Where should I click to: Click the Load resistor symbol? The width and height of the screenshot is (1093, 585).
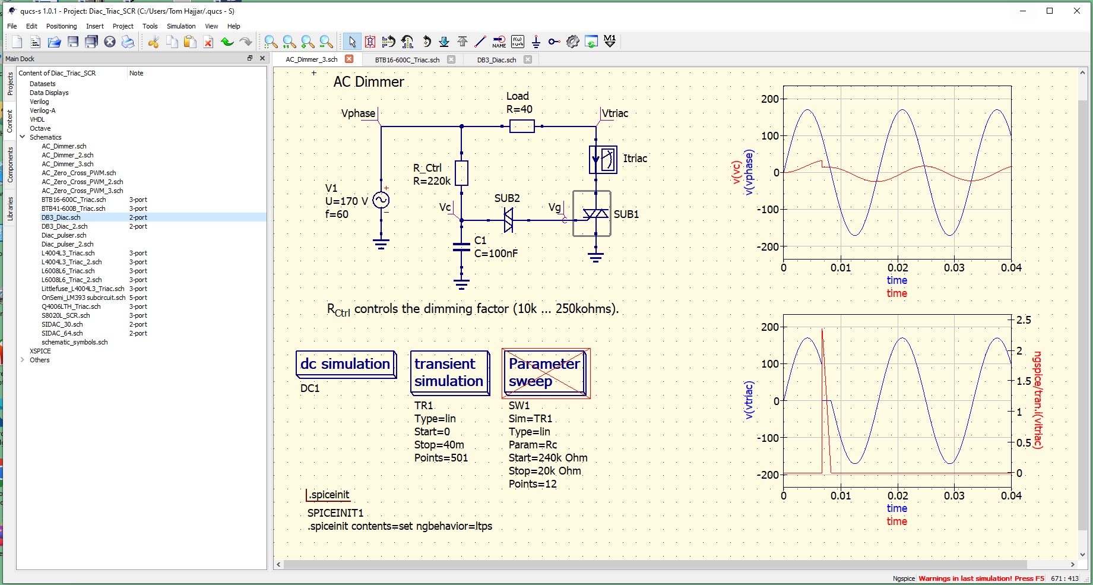522,126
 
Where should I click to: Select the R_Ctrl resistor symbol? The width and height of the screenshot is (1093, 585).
461,173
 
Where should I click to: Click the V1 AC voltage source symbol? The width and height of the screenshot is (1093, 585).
381,201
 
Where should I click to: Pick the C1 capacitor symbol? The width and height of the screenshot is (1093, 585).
461,247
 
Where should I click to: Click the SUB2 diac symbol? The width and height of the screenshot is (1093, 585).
508,220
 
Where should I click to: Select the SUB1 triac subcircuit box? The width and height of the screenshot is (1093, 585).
592,214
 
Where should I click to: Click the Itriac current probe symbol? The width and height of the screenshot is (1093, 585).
603,159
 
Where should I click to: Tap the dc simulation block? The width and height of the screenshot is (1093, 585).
346,364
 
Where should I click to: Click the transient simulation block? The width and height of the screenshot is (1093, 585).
449,372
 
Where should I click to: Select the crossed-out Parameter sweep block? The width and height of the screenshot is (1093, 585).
545,373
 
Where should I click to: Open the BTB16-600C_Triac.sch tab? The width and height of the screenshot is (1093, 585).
407,60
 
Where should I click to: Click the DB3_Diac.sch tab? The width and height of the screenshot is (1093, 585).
496,60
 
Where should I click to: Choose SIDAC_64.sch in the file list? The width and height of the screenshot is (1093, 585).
62,333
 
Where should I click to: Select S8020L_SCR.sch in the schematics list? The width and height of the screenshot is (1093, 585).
66,315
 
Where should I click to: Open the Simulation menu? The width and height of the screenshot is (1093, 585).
181,26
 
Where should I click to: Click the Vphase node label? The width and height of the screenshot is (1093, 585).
358,113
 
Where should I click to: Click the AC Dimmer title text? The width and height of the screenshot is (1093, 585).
369,82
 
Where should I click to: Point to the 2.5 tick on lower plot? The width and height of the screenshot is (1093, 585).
1024,320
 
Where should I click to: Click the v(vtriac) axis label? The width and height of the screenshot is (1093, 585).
749,400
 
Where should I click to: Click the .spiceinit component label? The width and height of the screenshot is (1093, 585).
330,495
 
